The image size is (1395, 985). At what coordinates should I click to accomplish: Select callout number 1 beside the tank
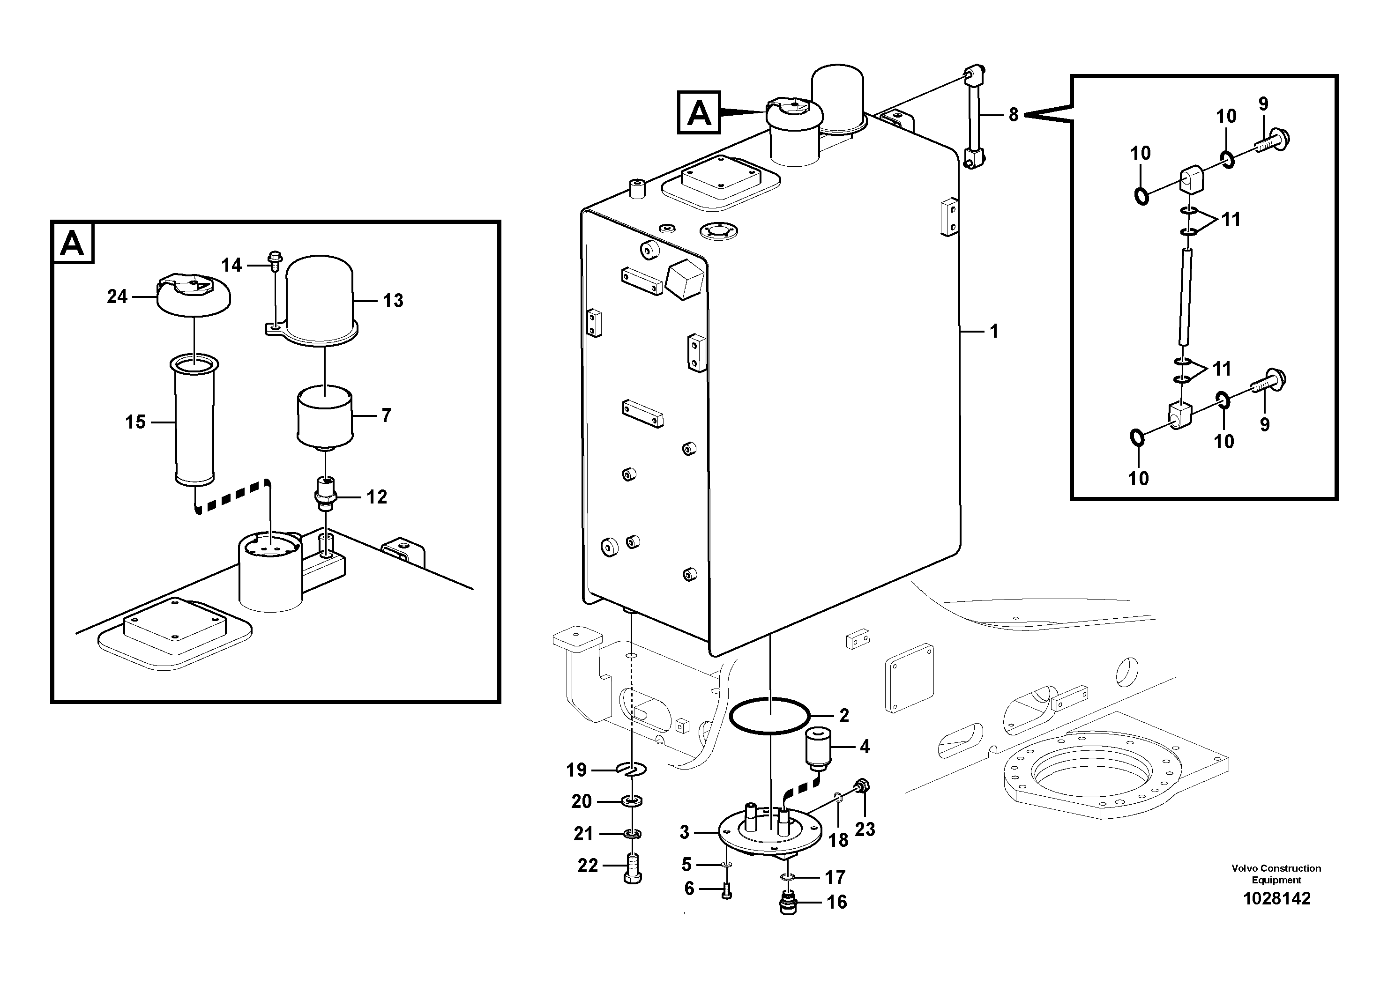pyautogui.click(x=994, y=332)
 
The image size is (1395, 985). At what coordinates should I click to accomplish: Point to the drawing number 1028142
pyautogui.click(x=1276, y=899)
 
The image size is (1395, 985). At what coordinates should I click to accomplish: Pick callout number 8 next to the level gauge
pyautogui.click(x=1014, y=114)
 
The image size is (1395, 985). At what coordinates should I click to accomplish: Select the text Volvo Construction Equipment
pyautogui.click(x=1276, y=874)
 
